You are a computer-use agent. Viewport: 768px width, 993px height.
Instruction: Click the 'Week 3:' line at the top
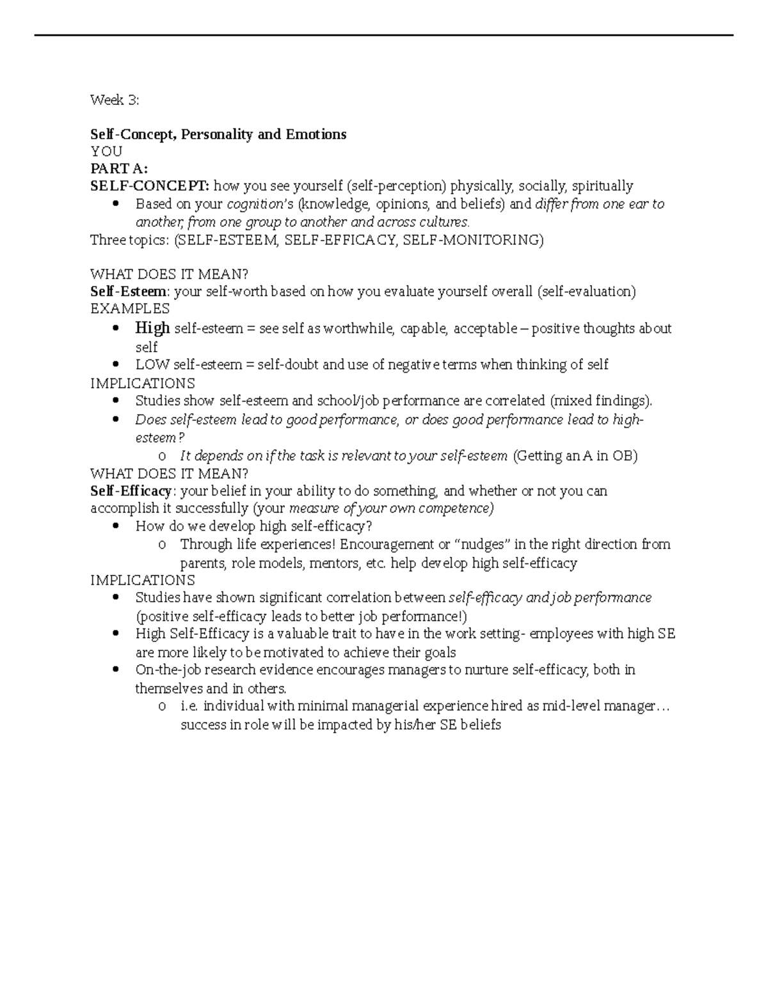pyautogui.click(x=114, y=100)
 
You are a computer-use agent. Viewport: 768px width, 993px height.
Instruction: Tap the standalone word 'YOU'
pyautogui.click(x=106, y=152)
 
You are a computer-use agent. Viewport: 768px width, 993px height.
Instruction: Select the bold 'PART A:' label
pyautogui.click(x=119, y=169)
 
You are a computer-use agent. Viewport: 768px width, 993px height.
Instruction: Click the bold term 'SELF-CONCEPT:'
pyautogui.click(x=149, y=186)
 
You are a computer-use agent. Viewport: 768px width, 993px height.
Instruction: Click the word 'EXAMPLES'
pyautogui.click(x=130, y=309)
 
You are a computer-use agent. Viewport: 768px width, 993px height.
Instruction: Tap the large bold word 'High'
pyautogui.click(x=152, y=328)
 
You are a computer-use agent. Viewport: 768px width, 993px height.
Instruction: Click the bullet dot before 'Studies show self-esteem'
pyautogui.click(x=116, y=401)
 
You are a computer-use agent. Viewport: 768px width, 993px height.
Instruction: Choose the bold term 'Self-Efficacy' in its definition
pyautogui.click(x=132, y=491)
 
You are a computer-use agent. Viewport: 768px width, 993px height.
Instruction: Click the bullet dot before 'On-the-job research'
pyautogui.click(x=116, y=670)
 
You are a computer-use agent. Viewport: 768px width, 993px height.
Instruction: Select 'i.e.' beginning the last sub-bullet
pyautogui.click(x=191, y=706)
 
